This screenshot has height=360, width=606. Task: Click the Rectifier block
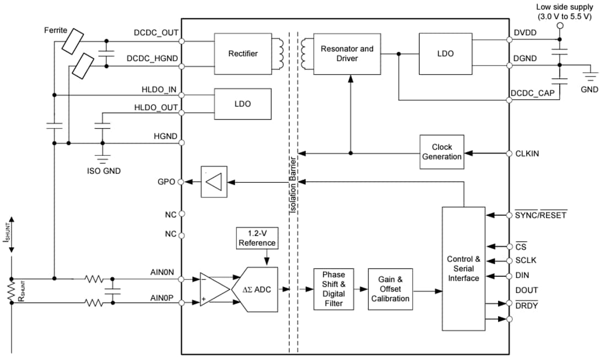(x=242, y=53)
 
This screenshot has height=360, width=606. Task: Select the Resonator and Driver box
(x=347, y=53)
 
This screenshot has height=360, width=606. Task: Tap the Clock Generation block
(x=441, y=152)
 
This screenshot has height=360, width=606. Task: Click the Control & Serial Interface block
(x=463, y=269)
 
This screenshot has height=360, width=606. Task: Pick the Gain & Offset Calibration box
(x=390, y=289)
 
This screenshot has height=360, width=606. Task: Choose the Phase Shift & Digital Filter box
(x=333, y=289)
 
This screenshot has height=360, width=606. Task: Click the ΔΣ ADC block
(x=257, y=290)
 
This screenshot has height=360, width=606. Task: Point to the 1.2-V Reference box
(x=257, y=238)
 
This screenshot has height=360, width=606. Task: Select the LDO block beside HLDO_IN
(x=242, y=103)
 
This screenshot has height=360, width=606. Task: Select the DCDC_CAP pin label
(x=532, y=93)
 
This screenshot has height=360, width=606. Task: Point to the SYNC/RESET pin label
(x=540, y=215)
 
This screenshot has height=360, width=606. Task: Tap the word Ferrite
(x=56, y=29)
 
